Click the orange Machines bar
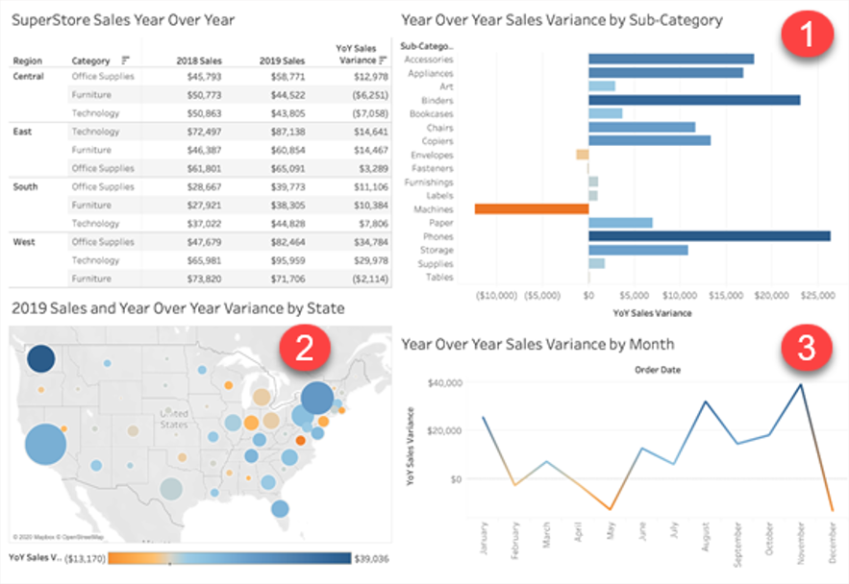tap(532, 208)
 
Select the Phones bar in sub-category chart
tap(709, 236)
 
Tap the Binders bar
tap(693, 100)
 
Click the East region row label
tap(23, 132)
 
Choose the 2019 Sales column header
tap(282, 61)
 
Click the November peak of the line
tap(800, 384)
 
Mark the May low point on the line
tap(610, 508)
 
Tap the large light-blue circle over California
tap(44, 445)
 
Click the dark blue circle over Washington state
tap(41, 358)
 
